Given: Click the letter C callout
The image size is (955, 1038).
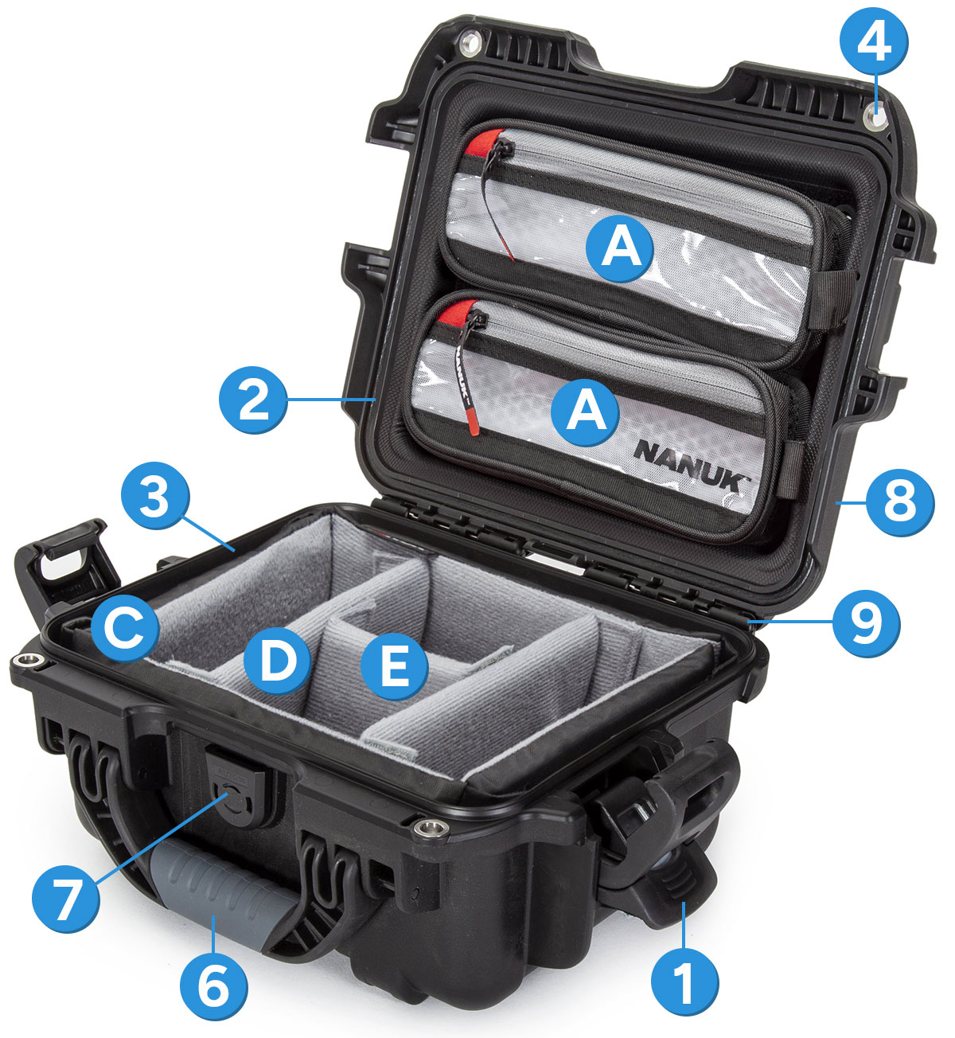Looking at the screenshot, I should (124, 630).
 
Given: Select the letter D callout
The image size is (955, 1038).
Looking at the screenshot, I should (277, 661).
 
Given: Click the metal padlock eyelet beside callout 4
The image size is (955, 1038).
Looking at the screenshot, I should (876, 120).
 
